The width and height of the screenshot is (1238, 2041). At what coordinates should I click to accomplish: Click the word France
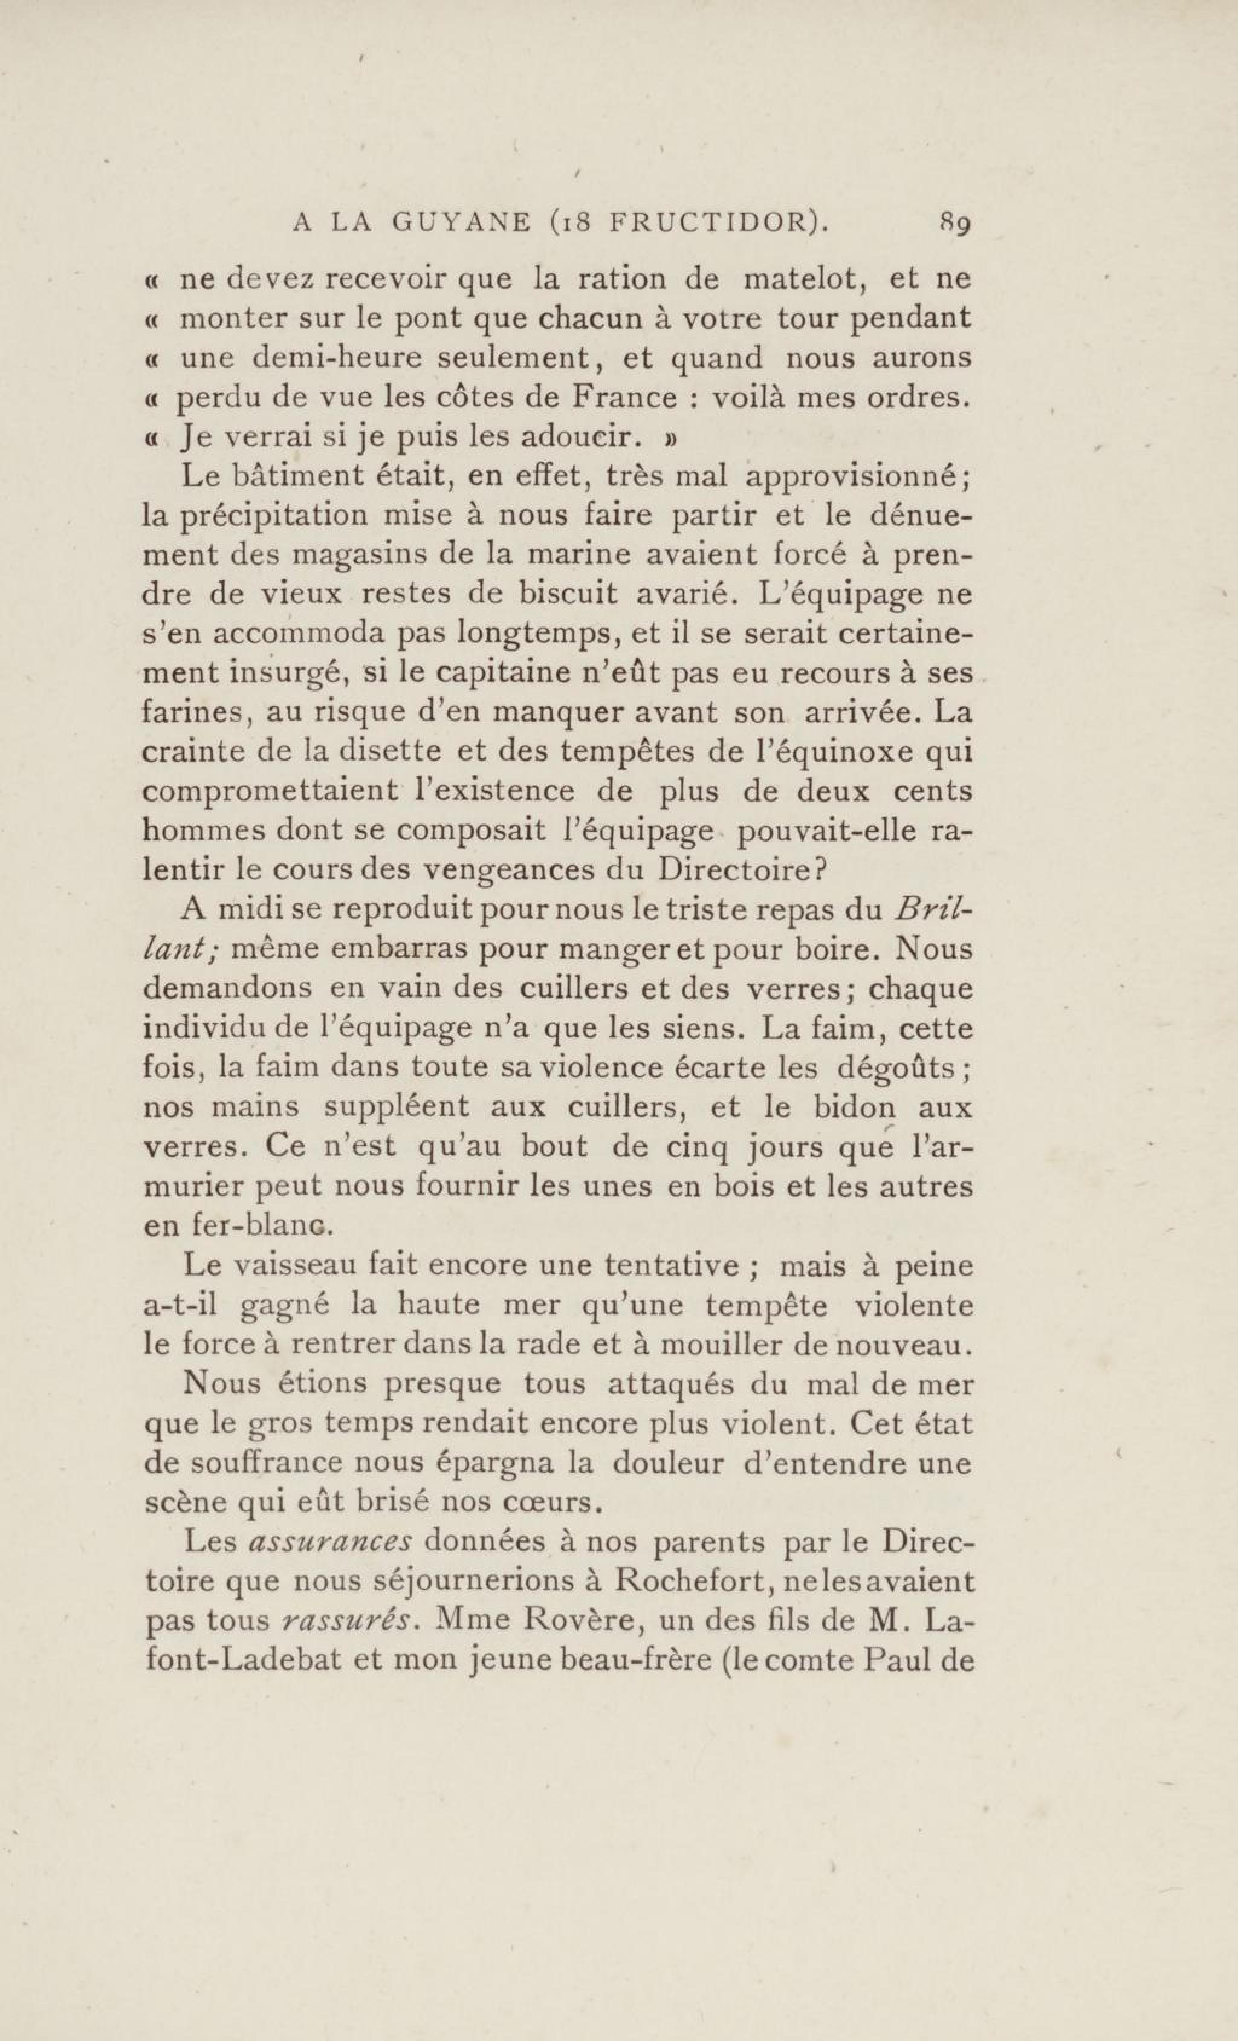tap(626, 398)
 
